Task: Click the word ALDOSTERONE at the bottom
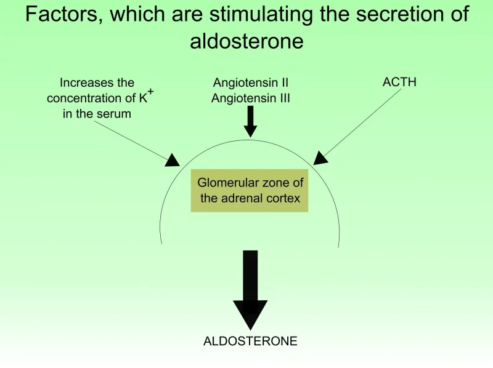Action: [250, 341]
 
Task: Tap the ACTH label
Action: [399, 82]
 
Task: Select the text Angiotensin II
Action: [251, 82]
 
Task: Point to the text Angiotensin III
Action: [251, 98]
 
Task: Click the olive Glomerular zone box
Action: [250, 191]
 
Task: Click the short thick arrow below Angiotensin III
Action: [250, 121]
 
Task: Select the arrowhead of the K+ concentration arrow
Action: [173, 160]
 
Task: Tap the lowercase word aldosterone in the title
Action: [247, 41]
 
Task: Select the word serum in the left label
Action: [113, 114]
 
